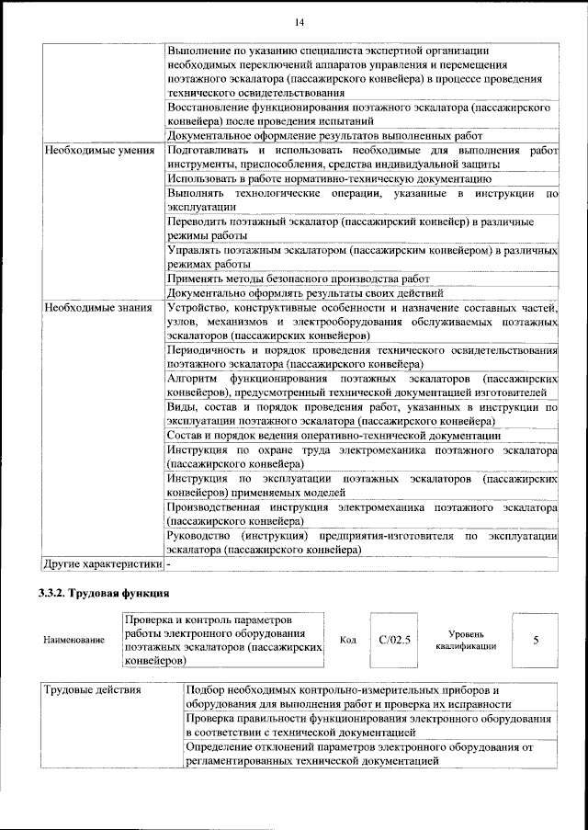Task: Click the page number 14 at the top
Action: click(300, 22)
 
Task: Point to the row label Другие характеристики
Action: click(103, 563)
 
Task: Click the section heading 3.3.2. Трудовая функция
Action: click(106, 593)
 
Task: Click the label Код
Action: click(347, 640)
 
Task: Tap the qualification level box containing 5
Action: click(535, 640)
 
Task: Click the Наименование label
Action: click(73, 640)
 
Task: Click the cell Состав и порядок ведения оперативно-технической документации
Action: click(334, 435)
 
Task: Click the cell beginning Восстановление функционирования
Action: click(362, 114)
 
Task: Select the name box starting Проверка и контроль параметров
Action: click(223, 640)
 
